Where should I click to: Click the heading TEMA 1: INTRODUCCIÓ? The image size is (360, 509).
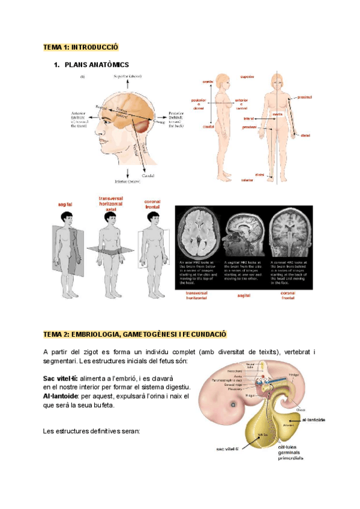pyautogui.click(x=81, y=47)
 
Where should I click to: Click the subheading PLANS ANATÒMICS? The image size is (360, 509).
pyautogui.click(x=96, y=64)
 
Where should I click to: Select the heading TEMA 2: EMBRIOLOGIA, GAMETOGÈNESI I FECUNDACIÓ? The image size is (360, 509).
pyautogui.click(x=135, y=333)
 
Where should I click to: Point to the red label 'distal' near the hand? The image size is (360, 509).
pyautogui.click(x=305, y=134)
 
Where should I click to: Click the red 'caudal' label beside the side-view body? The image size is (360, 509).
pyautogui.click(x=208, y=127)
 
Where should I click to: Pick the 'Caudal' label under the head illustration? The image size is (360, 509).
pyautogui.click(x=148, y=175)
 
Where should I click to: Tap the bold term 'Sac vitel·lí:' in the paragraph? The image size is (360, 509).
pyautogui.click(x=61, y=379)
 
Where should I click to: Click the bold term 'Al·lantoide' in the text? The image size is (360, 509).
pyautogui.click(x=61, y=396)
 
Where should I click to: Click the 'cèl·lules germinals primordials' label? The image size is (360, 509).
pyautogui.click(x=291, y=452)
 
